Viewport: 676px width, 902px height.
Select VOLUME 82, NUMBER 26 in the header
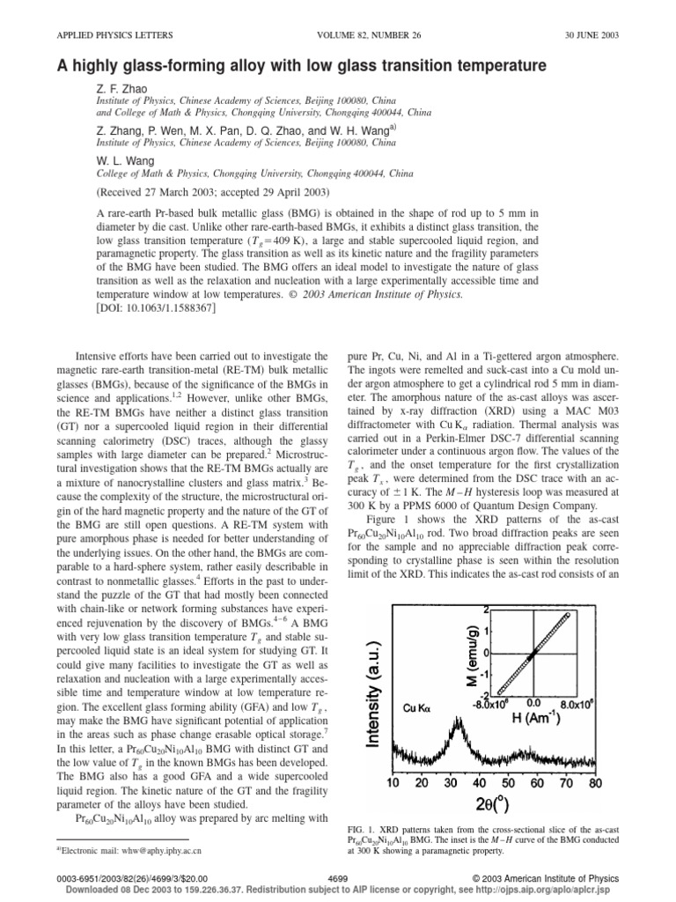click(x=337, y=35)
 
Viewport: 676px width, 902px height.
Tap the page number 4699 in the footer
click(x=338, y=878)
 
